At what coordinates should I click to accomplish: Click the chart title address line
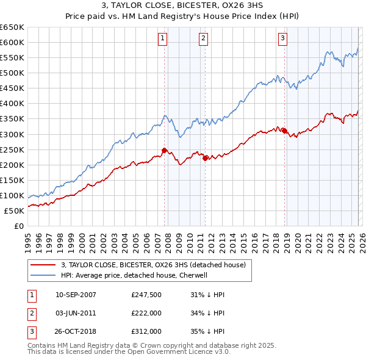[183, 7]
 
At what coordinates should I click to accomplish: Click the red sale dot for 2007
[164, 150]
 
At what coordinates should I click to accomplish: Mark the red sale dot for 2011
[205, 158]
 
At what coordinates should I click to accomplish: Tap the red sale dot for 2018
[284, 130]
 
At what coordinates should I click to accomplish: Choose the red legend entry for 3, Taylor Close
[152, 265]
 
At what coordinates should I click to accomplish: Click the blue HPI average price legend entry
[134, 275]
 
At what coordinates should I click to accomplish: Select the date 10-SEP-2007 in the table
[76, 294]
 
